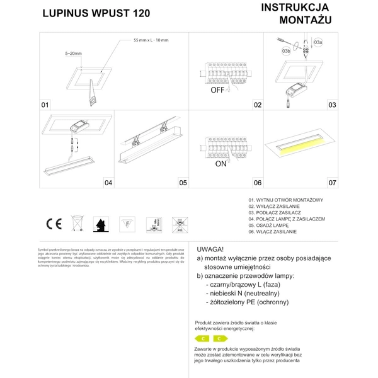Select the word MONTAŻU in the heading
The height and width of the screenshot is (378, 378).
(305, 20)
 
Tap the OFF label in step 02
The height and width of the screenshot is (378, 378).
(217, 90)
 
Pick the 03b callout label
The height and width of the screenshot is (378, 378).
(285, 50)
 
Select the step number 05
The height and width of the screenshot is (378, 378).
(183, 183)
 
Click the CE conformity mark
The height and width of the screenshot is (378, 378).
(53, 223)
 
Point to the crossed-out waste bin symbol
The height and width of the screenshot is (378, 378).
(77, 223)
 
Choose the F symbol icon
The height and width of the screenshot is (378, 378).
(127, 223)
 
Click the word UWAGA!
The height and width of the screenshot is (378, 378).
(210, 249)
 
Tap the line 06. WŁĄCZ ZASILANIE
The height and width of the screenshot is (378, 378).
(274, 232)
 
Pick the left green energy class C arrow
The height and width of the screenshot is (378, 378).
(203, 338)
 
